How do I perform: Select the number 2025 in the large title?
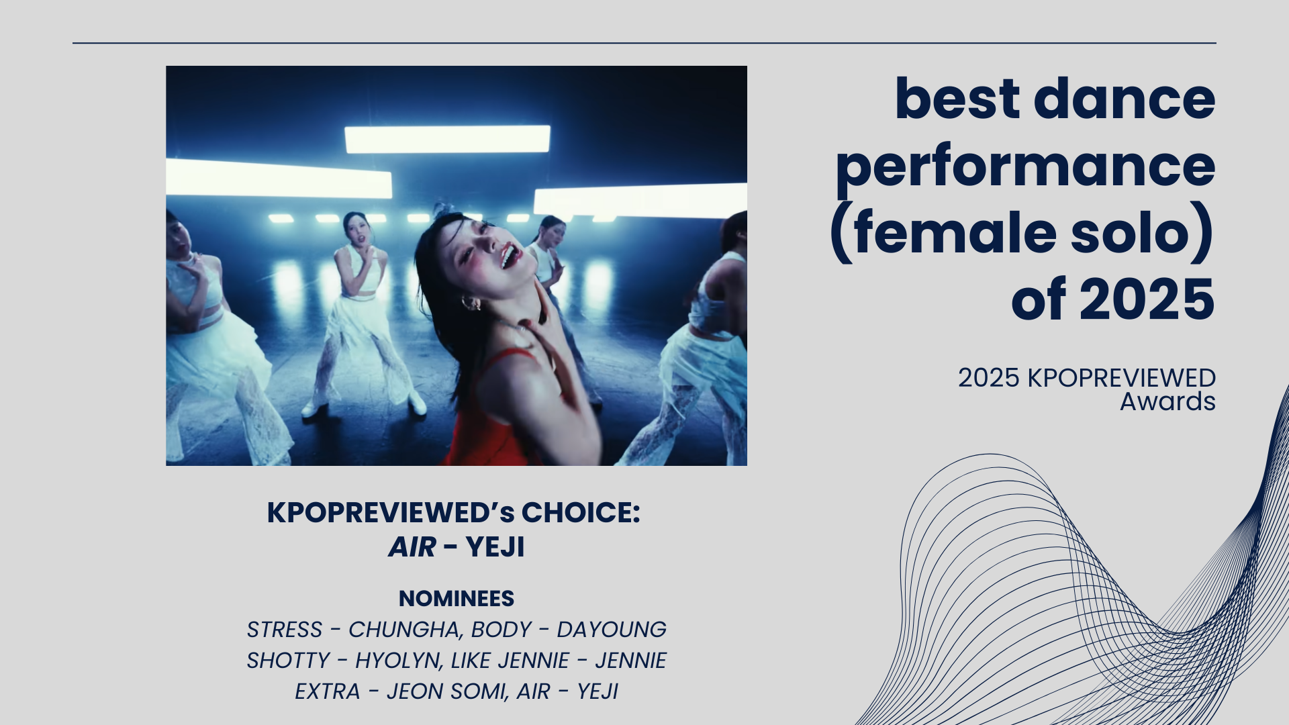(x=1147, y=299)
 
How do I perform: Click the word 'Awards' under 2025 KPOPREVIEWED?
(x=1167, y=401)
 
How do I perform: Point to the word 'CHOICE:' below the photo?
(x=581, y=512)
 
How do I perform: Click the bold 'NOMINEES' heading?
(x=457, y=598)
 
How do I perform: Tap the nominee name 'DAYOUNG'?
(x=612, y=630)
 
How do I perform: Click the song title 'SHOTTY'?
(x=288, y=661)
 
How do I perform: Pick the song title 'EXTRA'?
(x=328, y=691)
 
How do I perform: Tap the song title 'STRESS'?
(x=285, y=630)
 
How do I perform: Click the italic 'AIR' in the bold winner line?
(x=412, y=547)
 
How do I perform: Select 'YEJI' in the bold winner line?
(x=495, y=547)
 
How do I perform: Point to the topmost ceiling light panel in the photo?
(x=447, y=139)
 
